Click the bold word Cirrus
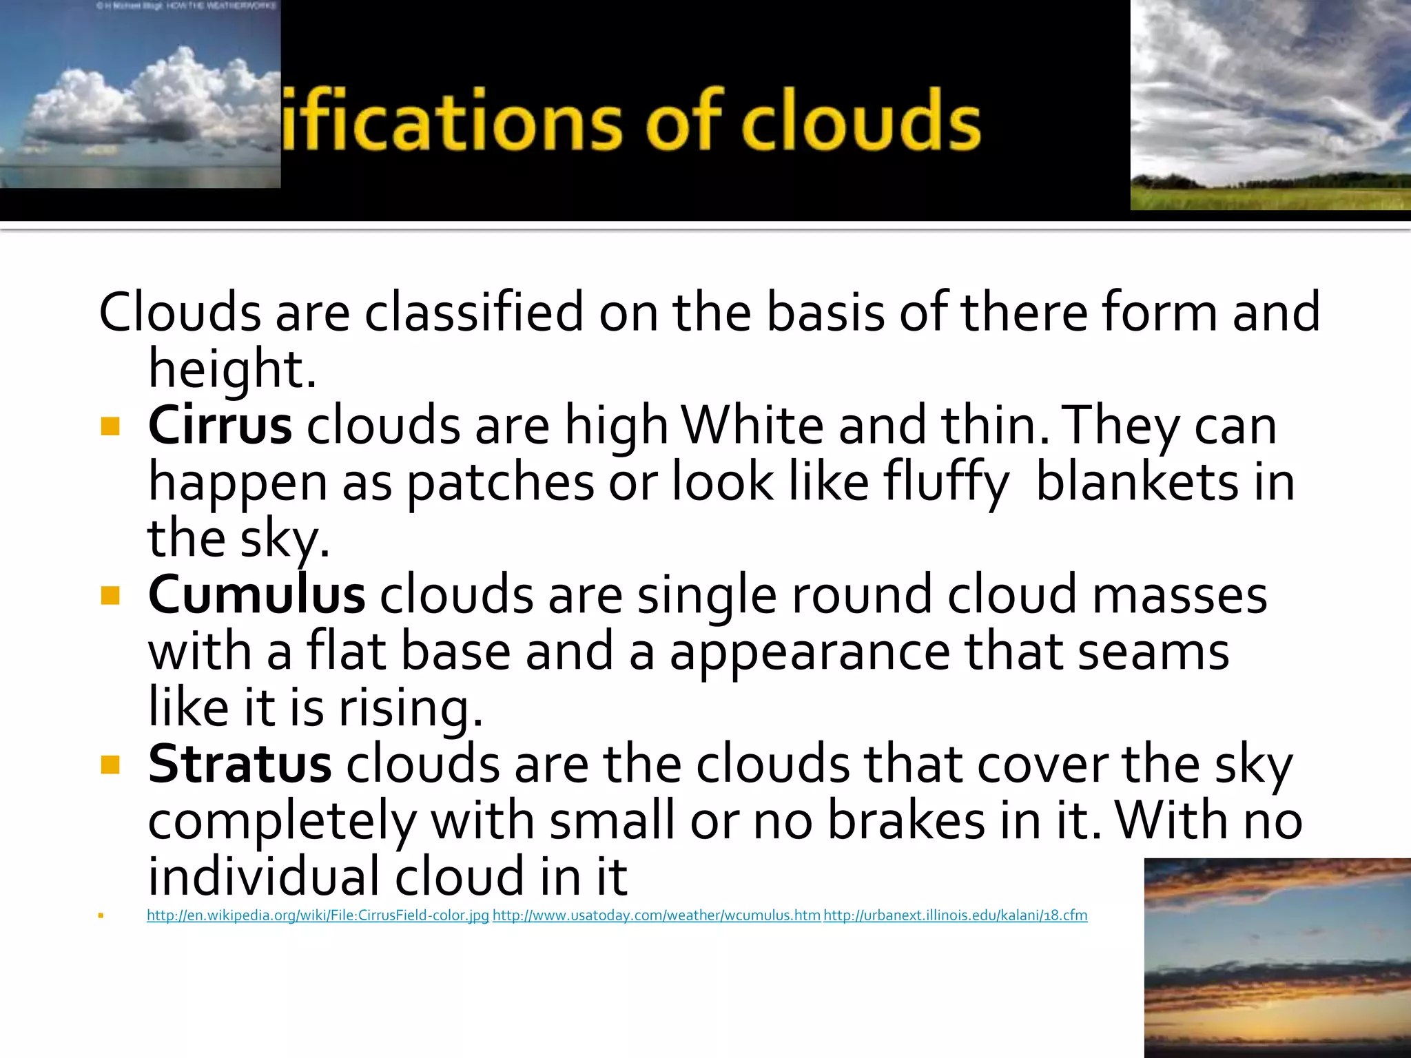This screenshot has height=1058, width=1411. pyautogui.click(x=220, y=426)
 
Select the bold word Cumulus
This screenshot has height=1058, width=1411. pyautogui.click(x=256, y=595)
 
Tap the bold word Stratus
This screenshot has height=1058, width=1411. pyautogui.click(x=240, y=765)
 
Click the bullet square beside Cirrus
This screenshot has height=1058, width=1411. pyautogui.click(x=110, y=427)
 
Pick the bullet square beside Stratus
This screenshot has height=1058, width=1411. pyautogui.click(x=110, y=765)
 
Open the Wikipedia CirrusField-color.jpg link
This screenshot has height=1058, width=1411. pyautogui.click(x=318, y=915)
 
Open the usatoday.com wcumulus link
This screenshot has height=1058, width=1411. pyautogui.click(x=656, y=915)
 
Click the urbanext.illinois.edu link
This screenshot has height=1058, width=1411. pyautogui.click(x=955, y=915)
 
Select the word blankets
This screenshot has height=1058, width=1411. pyautogui.click(x=1137, y=481)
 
